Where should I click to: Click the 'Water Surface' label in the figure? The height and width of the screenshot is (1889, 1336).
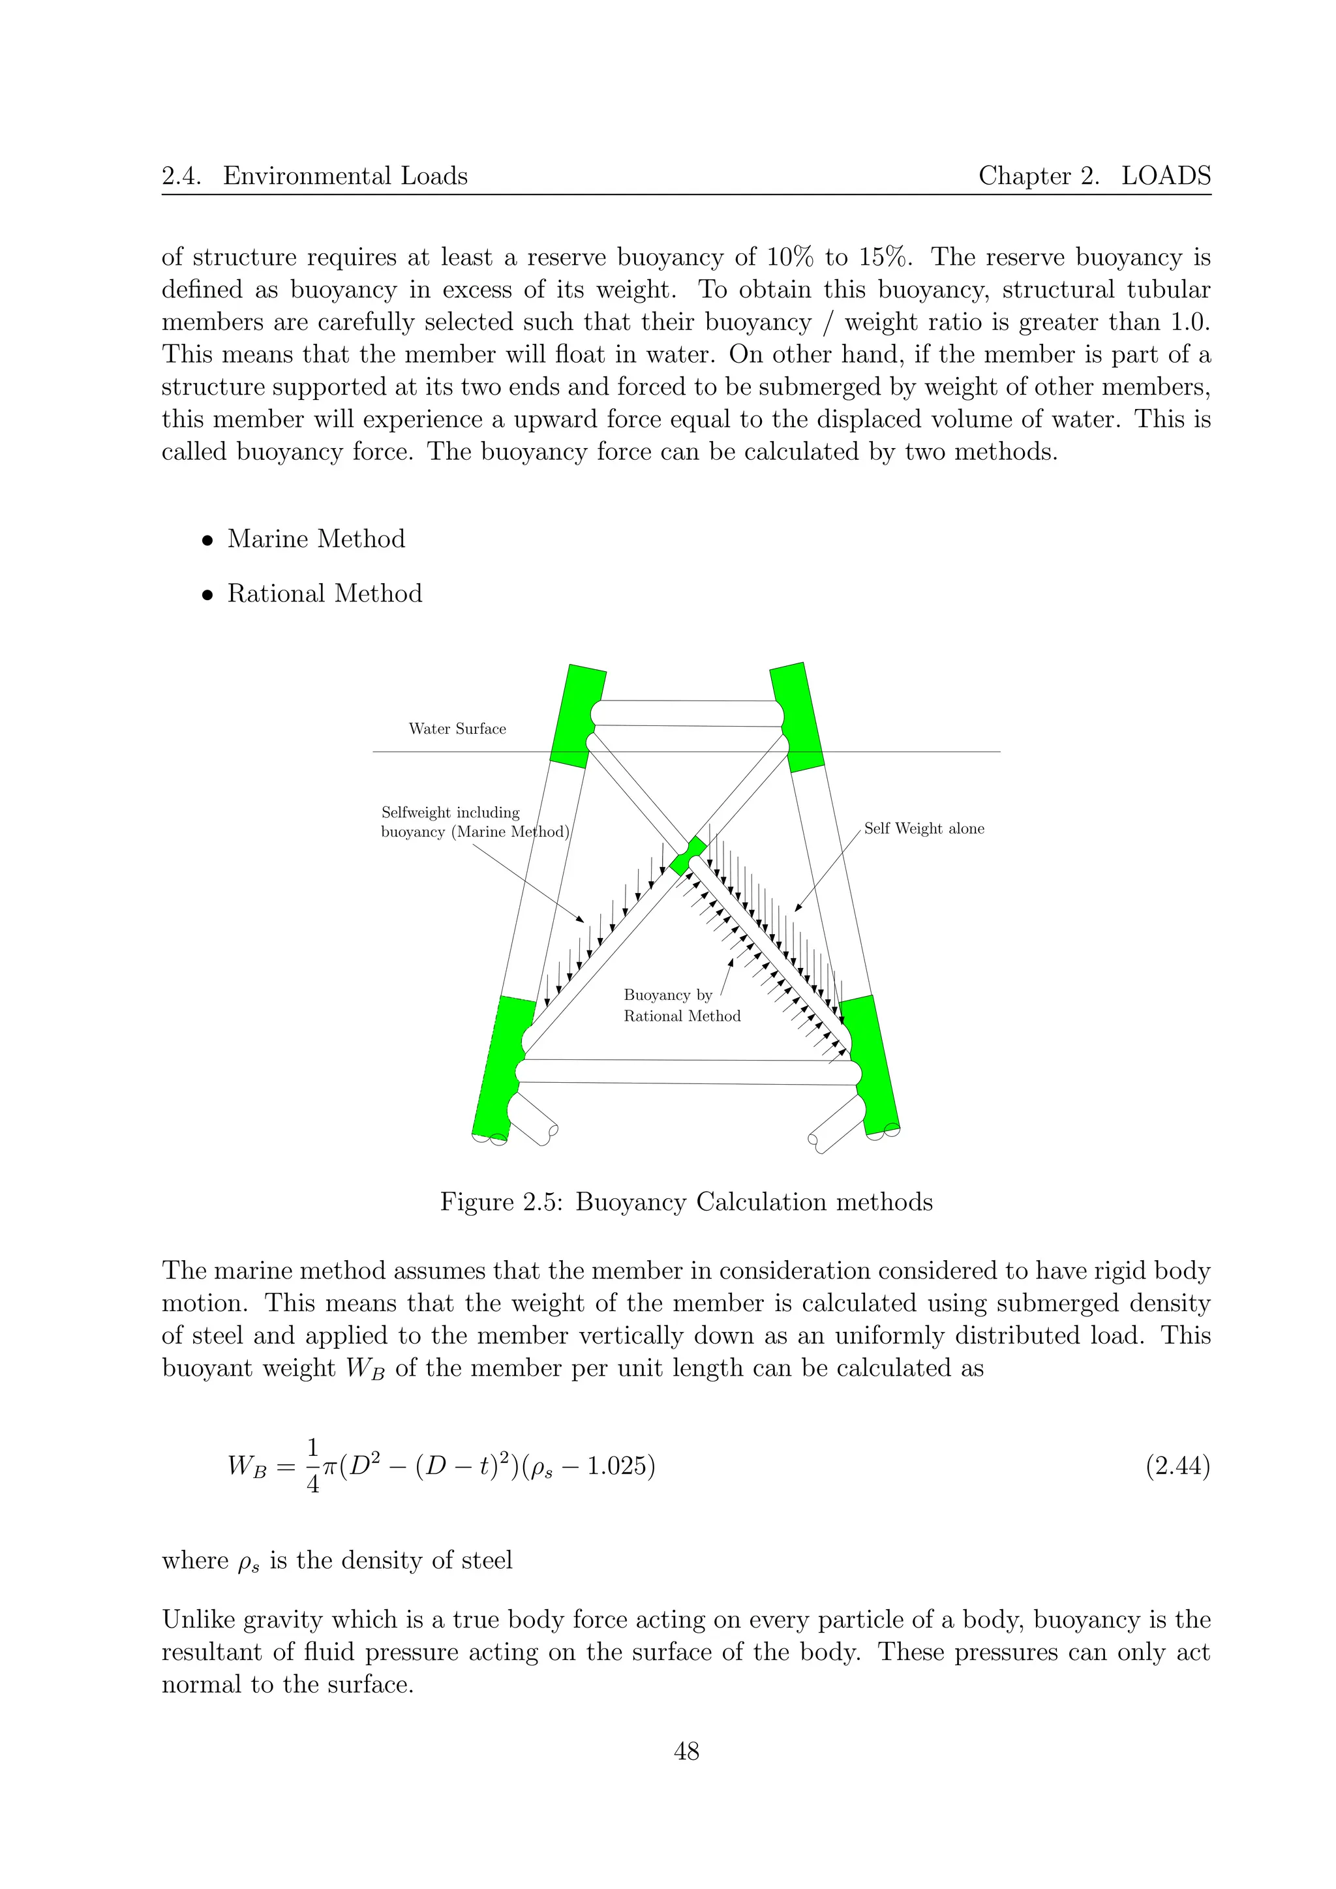pyautogui.click(x=457, y=729)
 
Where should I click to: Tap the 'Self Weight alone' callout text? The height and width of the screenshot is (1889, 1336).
pyautogui.click(x=924, y=828)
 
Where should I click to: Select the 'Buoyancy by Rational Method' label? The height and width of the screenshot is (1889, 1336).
pyautogui.click(x=681, y=1005)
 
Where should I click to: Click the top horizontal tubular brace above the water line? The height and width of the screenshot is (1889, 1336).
pyautogui.click(x=687, y=714)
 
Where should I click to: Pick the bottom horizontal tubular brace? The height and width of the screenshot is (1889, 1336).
pyautogui.click(x=687, y=1071)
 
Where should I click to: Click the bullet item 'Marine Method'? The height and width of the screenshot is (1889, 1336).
pyautogui.click(x=316, y=539)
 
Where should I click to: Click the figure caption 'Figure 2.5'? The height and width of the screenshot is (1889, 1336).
pyautogui.click(x=686, y=1202)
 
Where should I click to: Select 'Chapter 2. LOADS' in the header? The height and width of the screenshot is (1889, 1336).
pyautogui.click(x=1094, y=175)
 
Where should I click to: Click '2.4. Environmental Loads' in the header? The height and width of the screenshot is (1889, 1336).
pyautogui.click(x=314, y=175)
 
